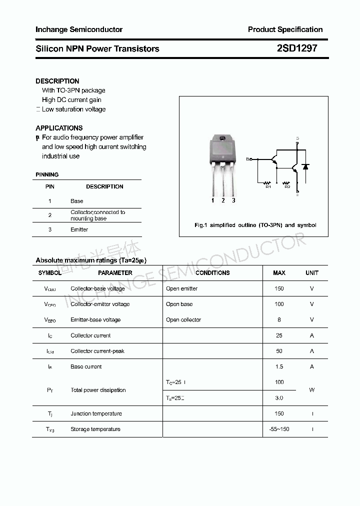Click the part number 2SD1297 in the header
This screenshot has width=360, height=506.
(x=296, y=48)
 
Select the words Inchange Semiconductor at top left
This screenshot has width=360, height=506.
(x=79, y=29)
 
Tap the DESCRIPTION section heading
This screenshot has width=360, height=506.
(x=57, y=81)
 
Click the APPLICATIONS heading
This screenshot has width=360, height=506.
(x=59, y=128)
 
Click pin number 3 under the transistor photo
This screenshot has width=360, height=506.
(x=233, y=200)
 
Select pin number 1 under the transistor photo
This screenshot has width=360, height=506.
(x=212, y=200)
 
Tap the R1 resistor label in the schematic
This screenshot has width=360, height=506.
(x=268, y=187)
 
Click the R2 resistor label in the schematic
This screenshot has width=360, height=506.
(x=287, y=187)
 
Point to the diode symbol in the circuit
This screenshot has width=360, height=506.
(x=305, y=166)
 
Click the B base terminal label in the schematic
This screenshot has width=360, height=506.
(x=247, y=159)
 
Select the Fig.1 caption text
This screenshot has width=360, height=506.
(x=255, y=225)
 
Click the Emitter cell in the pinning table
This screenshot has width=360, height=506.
(x=79, y=229)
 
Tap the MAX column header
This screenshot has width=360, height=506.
(x=279, y=273)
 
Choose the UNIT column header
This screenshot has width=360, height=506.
(x=312, y=273)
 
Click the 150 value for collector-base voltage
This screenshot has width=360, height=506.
(x=279, y=288)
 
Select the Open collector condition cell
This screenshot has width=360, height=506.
(x=183, y=320)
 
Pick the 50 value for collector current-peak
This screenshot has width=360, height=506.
(x=279, y=351)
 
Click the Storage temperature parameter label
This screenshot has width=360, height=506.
(x=95, y=429)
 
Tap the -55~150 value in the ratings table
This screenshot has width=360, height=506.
(x=279, y=429)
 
